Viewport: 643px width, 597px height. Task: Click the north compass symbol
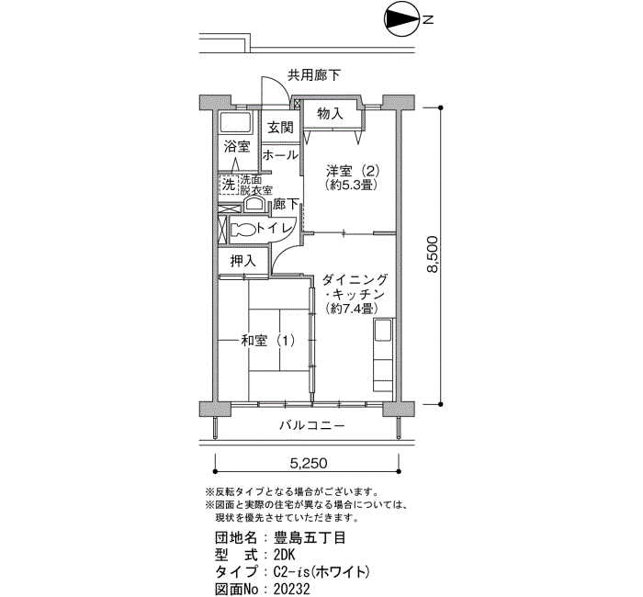point(401,19)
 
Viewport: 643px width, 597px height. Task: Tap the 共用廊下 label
point(314,75)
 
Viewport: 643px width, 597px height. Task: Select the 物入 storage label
point(330,114)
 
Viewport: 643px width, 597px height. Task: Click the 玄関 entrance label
point(280,127)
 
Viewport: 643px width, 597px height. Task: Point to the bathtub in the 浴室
point(235,122)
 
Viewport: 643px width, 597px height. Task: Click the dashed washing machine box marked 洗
point(229,184)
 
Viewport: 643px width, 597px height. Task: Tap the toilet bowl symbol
point(243,230)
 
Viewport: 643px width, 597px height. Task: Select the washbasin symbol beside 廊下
point(254,204)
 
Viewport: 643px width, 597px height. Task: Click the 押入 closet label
point(243,261)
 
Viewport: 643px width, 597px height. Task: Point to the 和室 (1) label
point(268,341)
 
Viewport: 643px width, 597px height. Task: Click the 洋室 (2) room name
point(353,171)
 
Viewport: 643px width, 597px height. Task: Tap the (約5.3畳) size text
point(351,185)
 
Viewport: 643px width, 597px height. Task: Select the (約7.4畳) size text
point(351,308)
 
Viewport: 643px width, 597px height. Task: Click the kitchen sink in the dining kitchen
point(383,330)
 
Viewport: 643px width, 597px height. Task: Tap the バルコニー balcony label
point(312,425)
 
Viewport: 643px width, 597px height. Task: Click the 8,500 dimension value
point(432,254)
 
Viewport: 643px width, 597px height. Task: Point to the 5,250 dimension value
point(309,463)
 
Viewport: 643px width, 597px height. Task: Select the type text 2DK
point(285,555)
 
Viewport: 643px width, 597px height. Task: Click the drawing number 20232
point(292,590)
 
